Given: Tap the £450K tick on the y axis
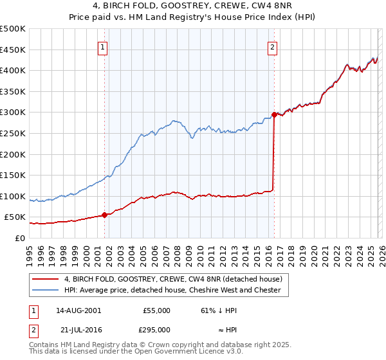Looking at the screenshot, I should pos(13,50).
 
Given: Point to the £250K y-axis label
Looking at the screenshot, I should pos(13,133).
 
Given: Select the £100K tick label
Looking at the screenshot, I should pos(13,196).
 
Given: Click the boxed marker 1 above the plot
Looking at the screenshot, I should pos(104,46).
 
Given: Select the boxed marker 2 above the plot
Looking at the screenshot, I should pos(273,46).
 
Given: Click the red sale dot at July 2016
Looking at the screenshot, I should pos(274,115).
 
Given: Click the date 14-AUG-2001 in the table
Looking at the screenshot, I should pos(78,310).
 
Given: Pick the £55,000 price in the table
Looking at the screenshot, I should pos(156,310).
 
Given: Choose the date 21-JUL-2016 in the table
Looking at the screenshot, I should pos(78,329).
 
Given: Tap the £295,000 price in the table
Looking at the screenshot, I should pos(156,329).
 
